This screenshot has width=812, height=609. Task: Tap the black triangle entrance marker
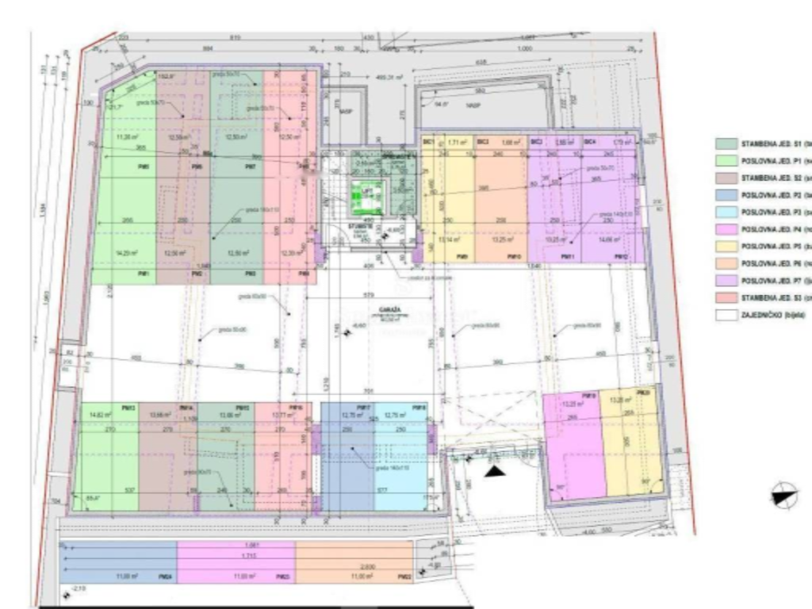tap(496, 471)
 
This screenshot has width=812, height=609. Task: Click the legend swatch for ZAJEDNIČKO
tap(726, 315)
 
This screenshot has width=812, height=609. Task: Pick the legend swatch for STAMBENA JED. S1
tap(726, 144)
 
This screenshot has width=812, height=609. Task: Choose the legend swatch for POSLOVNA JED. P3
tap(726, 212)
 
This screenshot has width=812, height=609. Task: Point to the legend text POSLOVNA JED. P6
tap(772, 263)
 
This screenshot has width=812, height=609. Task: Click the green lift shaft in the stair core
tap(367, 193)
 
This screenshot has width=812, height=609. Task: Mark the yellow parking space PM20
tap(631, 440)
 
